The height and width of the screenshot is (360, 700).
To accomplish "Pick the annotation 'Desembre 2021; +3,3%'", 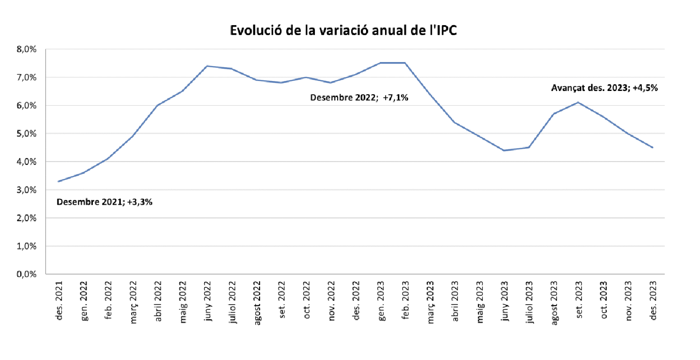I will [x=105, y=202].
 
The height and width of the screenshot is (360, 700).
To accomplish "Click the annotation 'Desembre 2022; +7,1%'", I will [x=359, y=98].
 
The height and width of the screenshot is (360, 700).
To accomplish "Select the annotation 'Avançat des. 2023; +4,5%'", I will [x=604, y=88].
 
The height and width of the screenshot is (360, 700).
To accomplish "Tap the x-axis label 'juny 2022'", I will [x=208, y=301].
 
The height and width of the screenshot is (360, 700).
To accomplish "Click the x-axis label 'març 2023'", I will [x=431, y=301].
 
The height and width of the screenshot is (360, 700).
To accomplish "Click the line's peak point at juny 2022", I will [x=207, y=66].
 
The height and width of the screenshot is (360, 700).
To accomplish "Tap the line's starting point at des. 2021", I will [x=59, y=181].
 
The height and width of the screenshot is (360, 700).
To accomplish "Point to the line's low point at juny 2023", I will [x=505, y=151].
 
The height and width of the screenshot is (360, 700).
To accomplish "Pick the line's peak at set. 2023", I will [x=579, y=102].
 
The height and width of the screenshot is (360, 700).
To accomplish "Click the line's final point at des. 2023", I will [x=653, y=147].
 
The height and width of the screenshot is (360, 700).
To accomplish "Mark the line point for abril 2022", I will [x=158, y=105].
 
